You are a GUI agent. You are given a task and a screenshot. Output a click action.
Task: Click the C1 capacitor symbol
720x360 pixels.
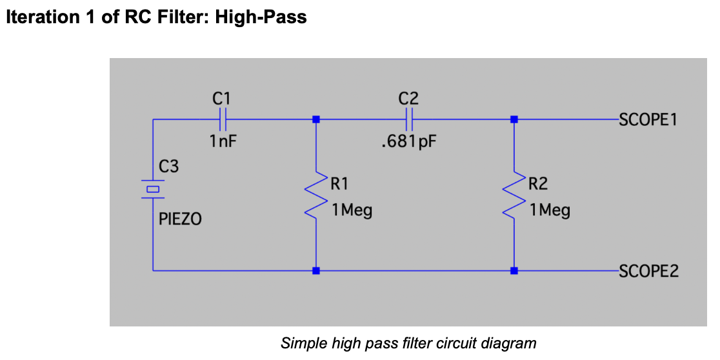(x=222, y=119)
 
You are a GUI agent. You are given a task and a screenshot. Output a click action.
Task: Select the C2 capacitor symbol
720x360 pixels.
(x=410, y=119)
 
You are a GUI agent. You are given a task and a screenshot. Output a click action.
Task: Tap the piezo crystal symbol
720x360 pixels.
(x=152, y=189)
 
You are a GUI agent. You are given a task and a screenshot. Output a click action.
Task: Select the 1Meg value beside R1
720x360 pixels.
(x=351, y=211)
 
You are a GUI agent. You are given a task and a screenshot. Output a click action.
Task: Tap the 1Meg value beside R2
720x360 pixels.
(x=550, y=211)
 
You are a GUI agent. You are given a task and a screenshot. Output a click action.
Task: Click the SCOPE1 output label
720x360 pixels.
(x=648, y=120)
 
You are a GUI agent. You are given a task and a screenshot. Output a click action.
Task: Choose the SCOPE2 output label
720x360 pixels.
(x=648, y=271)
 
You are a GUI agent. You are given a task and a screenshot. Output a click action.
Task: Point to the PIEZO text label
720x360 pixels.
(x=180, y=219)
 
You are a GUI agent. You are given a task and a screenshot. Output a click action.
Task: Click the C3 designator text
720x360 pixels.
(x=168, y=166)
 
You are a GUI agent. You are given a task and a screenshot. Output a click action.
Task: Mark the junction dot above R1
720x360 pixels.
(x=315, y=119)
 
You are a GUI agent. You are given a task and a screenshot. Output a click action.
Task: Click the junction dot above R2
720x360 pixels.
(x=514, y=119)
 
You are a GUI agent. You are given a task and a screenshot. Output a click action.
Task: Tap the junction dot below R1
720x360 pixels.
(x=315, y=270)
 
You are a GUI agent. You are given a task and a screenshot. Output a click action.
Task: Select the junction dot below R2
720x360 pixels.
(x=514, y=270)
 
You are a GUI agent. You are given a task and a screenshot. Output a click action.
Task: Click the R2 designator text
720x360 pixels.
(x=538, y=184)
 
